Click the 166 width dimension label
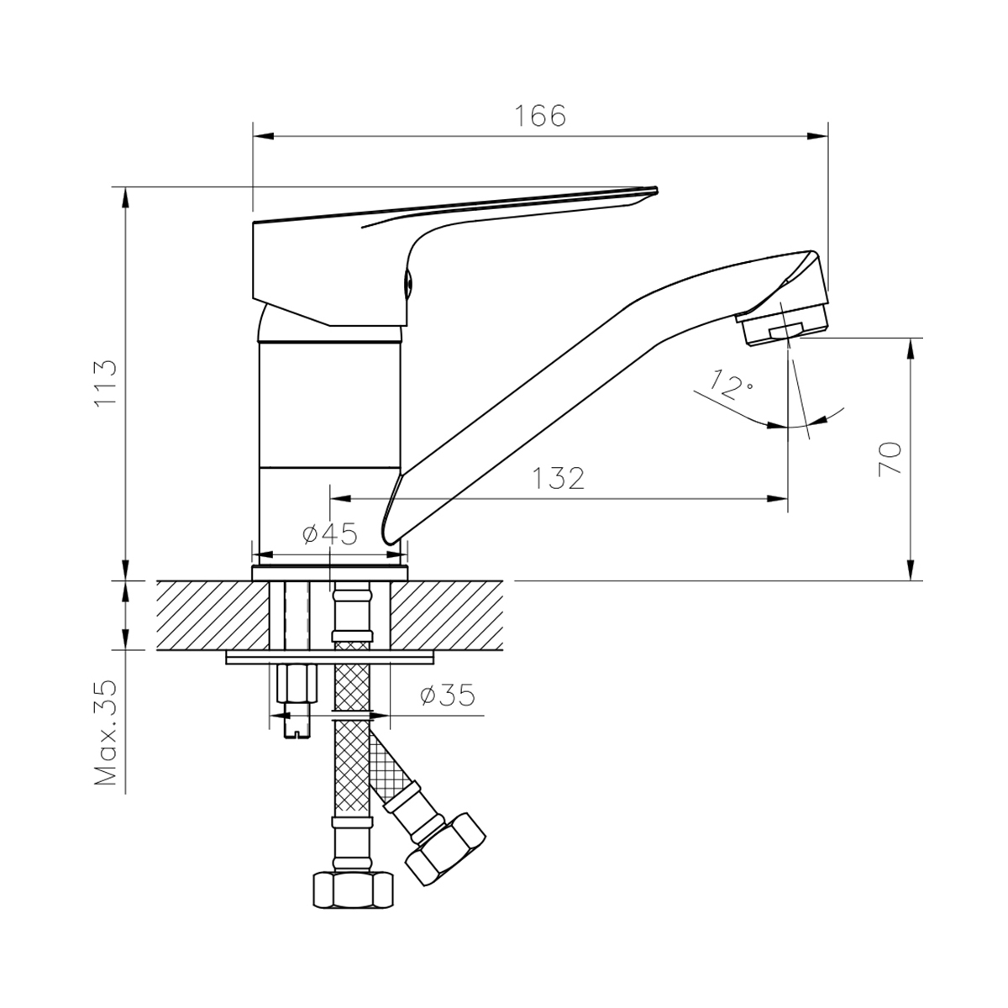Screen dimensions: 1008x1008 [541, 116]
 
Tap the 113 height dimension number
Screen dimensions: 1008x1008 [105, 383]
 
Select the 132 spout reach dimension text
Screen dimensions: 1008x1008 [558, 478]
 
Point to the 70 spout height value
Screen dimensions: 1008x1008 [890, 459]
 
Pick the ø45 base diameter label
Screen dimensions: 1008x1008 [330, 534]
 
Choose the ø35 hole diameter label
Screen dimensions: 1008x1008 [448, 696]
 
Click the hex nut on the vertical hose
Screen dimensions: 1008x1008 [353, 890]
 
